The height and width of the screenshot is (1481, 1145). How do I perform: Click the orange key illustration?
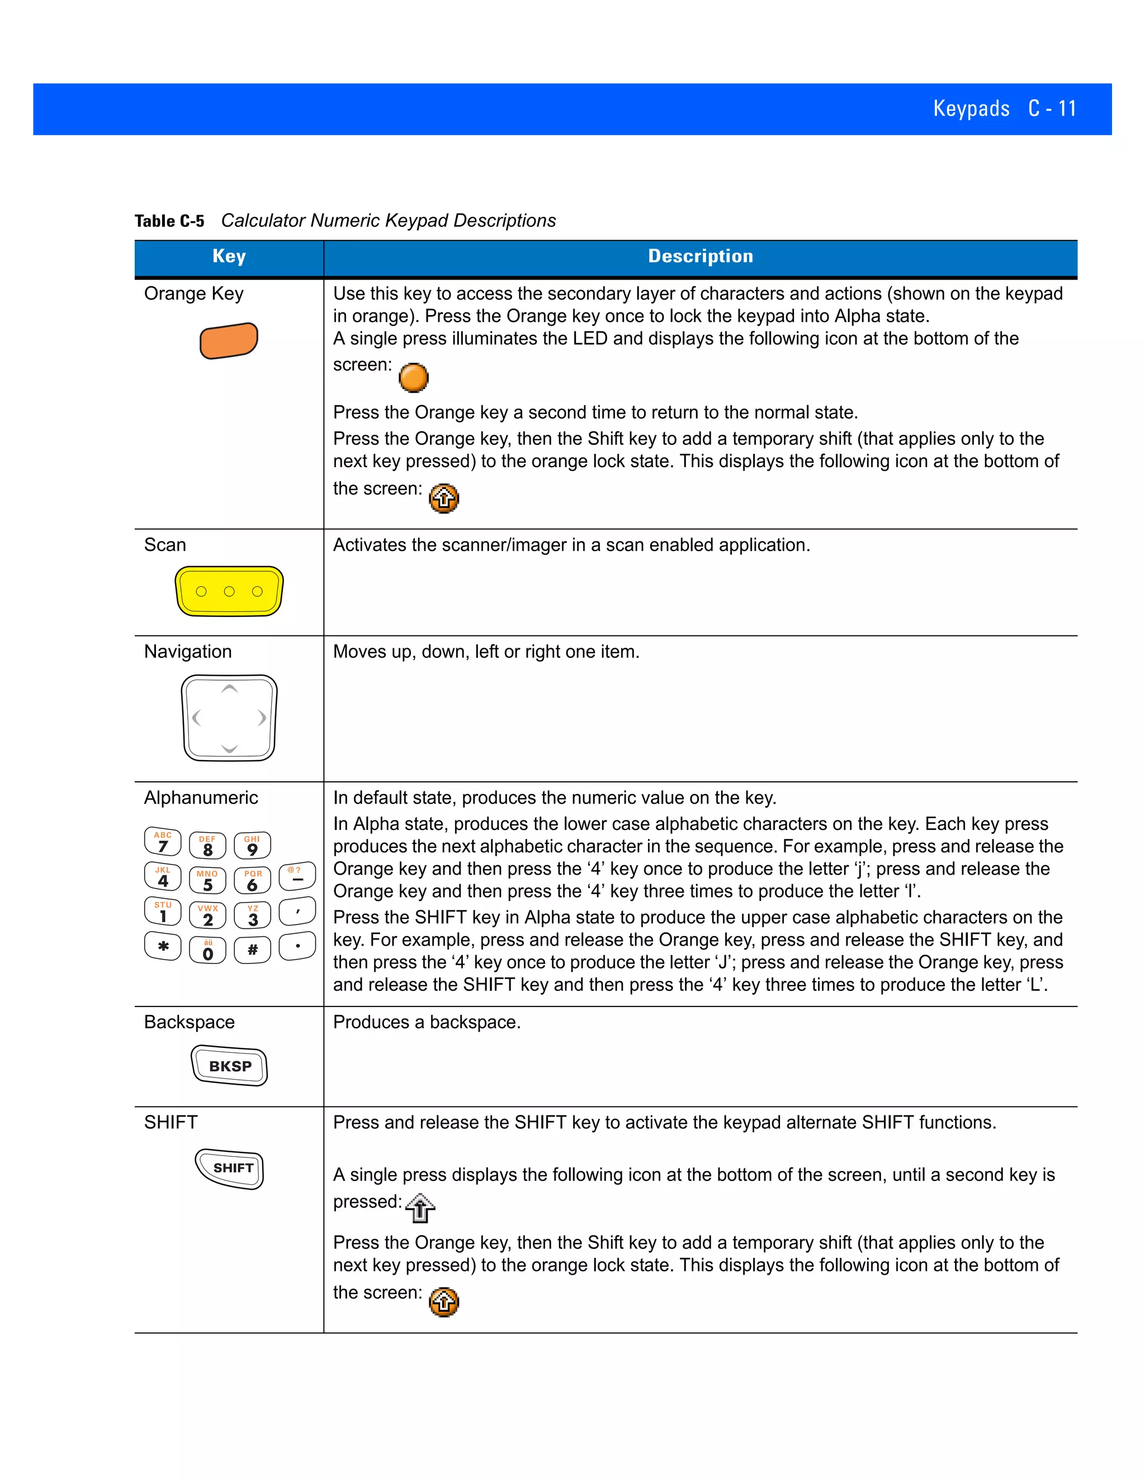pyautogui.click(x=229, y=340)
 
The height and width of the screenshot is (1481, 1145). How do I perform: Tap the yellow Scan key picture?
pyautogui.click(x=229, y=591)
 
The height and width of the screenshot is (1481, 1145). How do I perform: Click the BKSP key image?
pyautogui.click(x=229, y=1066)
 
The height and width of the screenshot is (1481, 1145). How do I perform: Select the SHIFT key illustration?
pyautogui.click(x=230, y=1169)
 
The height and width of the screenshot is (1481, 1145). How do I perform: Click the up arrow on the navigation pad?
pyautogui.click(x=229, y=690)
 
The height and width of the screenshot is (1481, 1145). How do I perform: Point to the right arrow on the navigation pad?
pyautogui.click(x=262, y=718)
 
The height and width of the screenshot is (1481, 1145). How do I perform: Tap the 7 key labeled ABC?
pyautogui.click(x=163, y=842)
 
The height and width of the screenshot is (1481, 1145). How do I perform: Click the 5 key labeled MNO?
pyautogui.click(x=207, y=881)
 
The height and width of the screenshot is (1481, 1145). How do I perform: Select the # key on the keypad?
pyautogui.click(x=252, y=950)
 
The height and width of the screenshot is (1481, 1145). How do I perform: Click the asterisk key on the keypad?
pyautogui.click(x=163, y=947)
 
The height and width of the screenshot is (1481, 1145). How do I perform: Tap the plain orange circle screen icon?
pyautogui.click(x=413, y=378)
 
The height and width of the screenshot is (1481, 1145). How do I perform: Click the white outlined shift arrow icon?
pyautogui.click(x=420, y=1208)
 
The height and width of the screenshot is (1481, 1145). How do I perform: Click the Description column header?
pyautogui.click(x=700, y=257)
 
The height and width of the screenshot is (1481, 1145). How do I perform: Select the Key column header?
pyautogui.click(x=229, y=257)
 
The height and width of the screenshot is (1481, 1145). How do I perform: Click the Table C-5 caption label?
pyautogui.click(x=169, y=221)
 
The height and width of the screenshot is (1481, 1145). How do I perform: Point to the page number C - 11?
pyautogui.click(x=1052, y=108)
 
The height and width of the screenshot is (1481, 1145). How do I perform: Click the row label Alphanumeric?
pyautogui.click(x=201, y=798)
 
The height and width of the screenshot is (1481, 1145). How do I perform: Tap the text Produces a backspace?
pyautogui.click(x=427, y=1022)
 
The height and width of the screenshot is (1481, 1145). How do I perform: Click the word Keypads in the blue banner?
pyautogui.click(x=971, y=108)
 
